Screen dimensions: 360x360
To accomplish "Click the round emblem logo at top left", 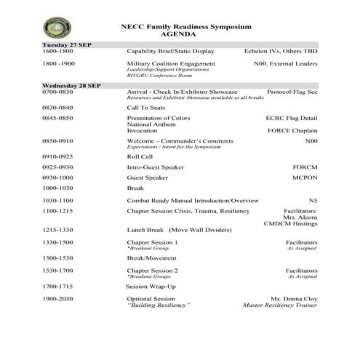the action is click(57, 28).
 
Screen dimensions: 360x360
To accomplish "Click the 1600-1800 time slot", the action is click(57, 52).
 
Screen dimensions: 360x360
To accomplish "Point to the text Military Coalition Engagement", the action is click(171, 64).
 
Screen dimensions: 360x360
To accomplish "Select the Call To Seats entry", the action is click(145, 107).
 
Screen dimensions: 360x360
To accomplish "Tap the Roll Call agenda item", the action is click(140, 156).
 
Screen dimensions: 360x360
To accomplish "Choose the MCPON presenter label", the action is click(305, 177).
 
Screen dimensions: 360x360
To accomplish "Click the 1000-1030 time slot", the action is click(57, 188).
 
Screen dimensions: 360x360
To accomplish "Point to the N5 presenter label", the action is click(313, 200).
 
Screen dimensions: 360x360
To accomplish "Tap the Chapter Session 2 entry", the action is click(153, 271).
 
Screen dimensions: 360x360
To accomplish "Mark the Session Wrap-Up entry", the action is click(151, 286).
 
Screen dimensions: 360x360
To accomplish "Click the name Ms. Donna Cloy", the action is click(294, 299).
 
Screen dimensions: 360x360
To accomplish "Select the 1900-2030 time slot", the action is click(57, 299).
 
